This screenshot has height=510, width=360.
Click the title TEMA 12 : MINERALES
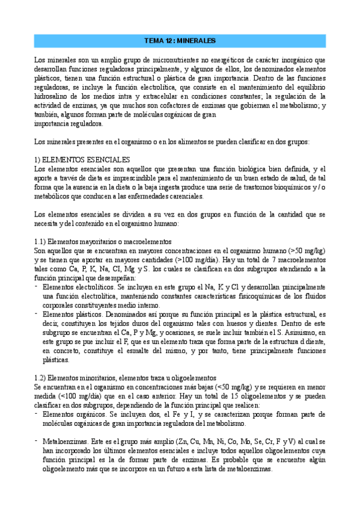tap(180, 41)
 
